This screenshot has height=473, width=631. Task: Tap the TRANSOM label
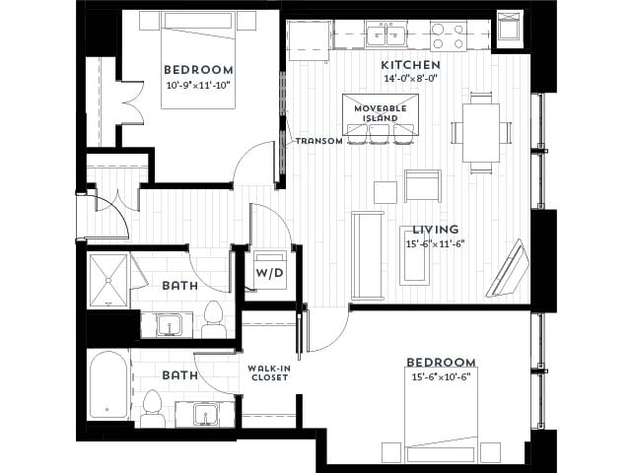[318, 141]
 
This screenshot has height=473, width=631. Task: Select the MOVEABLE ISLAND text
[381, 111]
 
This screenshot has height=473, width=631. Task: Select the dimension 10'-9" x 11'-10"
[198, 86]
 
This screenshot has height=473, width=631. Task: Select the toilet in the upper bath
[213, 317]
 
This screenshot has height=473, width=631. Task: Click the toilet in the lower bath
[152, 407]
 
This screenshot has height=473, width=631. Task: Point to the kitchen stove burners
[448, 36]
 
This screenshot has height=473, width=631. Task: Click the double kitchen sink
[386, 36]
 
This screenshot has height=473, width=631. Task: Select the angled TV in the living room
[509, 268]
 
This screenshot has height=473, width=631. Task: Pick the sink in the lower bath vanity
[205, 414]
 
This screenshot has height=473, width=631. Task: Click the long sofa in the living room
[368, 254]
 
